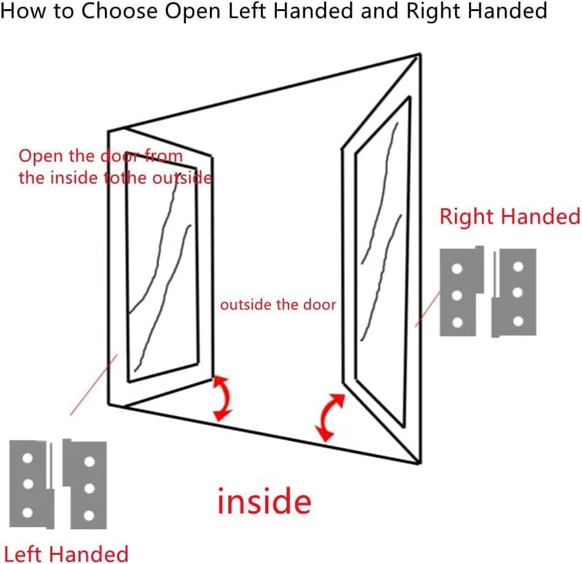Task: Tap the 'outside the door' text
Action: tap(278, 304)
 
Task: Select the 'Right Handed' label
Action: tap(510, 217)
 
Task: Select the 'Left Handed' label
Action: tap(66, 553)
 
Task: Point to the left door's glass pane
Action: tap(163, 270)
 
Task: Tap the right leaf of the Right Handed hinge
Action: tap(516, 292)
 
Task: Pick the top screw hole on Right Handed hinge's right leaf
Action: tap(518, 267)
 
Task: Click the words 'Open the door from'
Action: tap(101, 156)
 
